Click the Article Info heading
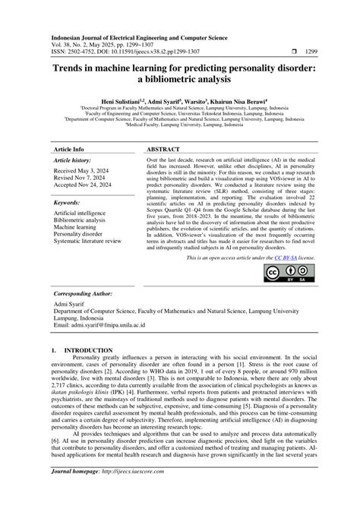(68, 150)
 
